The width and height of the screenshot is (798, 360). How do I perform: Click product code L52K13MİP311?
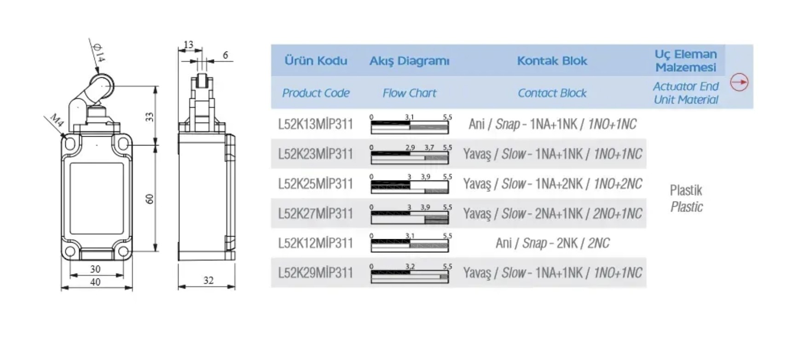click(315, 124)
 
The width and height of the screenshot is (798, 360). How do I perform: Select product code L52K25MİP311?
click(315, 184)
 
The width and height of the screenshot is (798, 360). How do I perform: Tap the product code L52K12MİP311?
click(315, 243)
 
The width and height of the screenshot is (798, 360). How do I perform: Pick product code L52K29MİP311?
click(315, 273)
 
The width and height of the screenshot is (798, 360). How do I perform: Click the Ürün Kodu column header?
click(316, 61)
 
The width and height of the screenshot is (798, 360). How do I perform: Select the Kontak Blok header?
click(552, 61)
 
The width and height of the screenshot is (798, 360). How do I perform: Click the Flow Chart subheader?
click(409, 93)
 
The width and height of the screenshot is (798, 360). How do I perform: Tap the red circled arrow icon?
click(739, 82)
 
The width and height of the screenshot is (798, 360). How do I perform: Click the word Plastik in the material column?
click(686, 190)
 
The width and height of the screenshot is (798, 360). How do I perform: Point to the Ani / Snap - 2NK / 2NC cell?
click(552, 243)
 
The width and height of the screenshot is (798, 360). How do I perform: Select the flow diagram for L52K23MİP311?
click(410, 154)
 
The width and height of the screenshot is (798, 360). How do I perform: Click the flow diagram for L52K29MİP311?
click(410, 273)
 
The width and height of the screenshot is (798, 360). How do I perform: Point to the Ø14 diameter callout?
click(98, 53)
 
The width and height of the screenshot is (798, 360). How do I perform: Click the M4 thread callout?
click(57, 121)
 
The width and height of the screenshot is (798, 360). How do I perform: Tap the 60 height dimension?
click(150, 199)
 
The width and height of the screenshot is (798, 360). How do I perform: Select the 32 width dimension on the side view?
click(208, 280)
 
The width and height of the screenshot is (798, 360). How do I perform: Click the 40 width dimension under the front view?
click(95, 282)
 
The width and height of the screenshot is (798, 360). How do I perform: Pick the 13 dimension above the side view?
click(189, 45)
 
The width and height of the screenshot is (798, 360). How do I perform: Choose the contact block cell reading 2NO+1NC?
click(552, 214)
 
